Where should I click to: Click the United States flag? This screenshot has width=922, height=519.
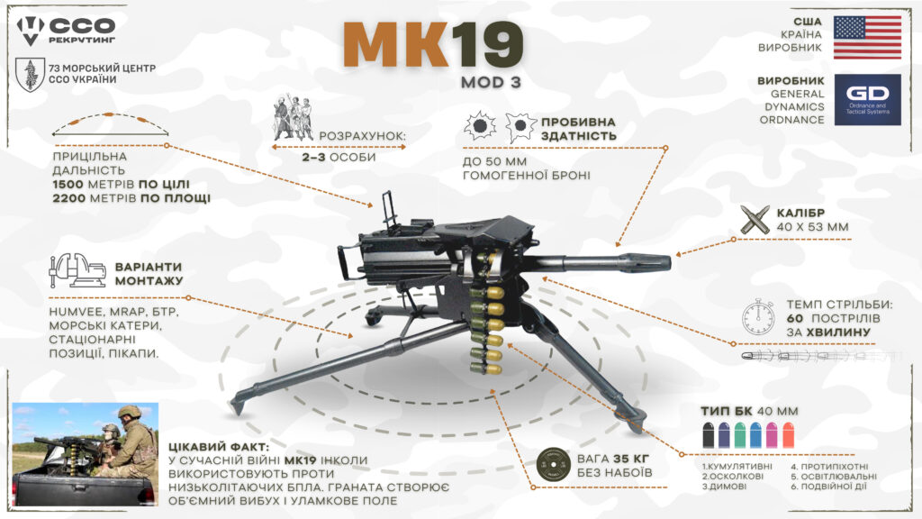pos(866,37)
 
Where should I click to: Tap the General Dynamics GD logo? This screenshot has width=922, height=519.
pos(866,99)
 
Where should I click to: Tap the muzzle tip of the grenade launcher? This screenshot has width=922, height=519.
pos(663,263)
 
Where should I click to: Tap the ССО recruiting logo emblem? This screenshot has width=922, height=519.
pos(32,29)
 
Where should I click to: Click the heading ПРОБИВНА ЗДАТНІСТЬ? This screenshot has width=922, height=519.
pos(579,129)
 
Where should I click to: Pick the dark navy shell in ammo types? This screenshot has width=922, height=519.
pos(709,436)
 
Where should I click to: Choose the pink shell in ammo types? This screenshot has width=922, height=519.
pos(771,436)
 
